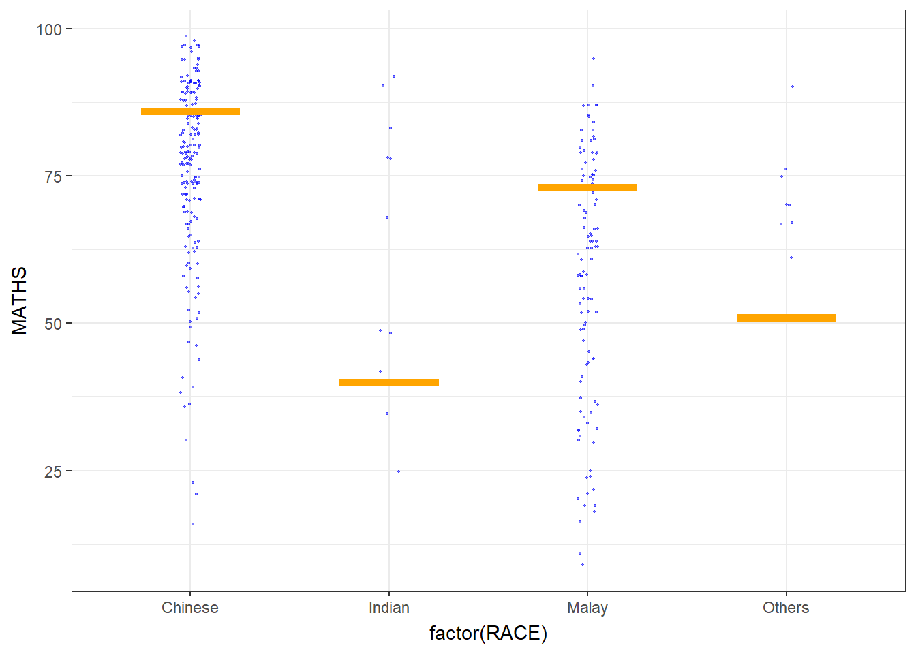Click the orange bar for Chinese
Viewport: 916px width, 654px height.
pyautogui.click(x=190, y=111)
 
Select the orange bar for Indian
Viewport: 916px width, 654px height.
pyautogui.click(x=388, y=382)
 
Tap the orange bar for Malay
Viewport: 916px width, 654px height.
pyautogui.click(x=587, y=187)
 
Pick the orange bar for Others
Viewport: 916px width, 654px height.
pyautogui.click(x=786, y=317)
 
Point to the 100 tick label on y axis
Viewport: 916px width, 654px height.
pyautogui.click(x=49, y=29)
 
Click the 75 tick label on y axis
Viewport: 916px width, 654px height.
pyautogui.click(x=53, y=176)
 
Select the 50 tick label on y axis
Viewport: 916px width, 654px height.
pyautogui.click(x=53, y=324)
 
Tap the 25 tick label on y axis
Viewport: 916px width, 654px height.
pyautogui.click(x=53, y=471)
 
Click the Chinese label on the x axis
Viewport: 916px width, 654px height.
pyautogui.click(x=190, y=608)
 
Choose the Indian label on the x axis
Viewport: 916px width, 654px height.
pyautogui.click(x=388, y=608)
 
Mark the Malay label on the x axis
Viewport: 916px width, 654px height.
pyautogui.click(x=587, y=608)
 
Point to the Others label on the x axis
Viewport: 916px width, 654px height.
pyautogui.click(x=786, y=608)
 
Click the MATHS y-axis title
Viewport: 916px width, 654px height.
pyautogui.click(x=20, y=300)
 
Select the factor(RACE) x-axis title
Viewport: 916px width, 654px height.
pyautogui.click(x=488, y=634)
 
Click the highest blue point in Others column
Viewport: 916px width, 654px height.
pyautogui.click(x=793, y=87)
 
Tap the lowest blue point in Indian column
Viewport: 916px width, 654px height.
pyautogui.click(x=399, y=471)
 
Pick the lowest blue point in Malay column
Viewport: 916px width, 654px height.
pyautogui.click(x=582, y=565)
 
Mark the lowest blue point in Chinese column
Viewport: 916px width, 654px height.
pyautogui.click(x=193, y=524)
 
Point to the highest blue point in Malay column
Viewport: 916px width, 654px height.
pyautogui.click(x=594, y=59)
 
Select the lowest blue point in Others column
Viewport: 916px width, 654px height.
pyautogui.click(x=791, y=258)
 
